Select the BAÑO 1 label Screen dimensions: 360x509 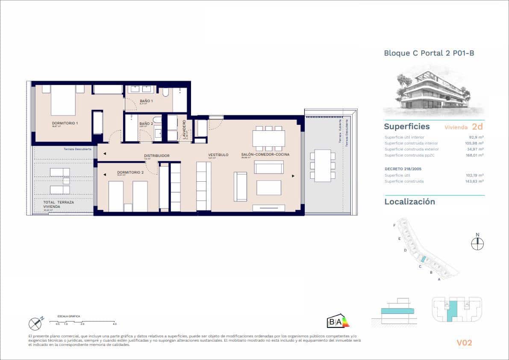coord(146,101)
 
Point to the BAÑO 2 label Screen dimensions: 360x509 coord(146,124)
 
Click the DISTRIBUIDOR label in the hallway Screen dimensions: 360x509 coord(156,156)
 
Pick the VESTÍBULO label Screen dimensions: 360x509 coord(218,155)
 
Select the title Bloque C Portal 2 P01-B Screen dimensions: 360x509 coord(429,53)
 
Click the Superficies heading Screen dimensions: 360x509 coord(406,127)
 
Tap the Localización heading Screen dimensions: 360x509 coord(409,202)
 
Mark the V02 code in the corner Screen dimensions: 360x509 coord(464,342)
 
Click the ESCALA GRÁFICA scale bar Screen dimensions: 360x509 coord(82,321)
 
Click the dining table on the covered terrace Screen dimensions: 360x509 coord(322,165)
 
